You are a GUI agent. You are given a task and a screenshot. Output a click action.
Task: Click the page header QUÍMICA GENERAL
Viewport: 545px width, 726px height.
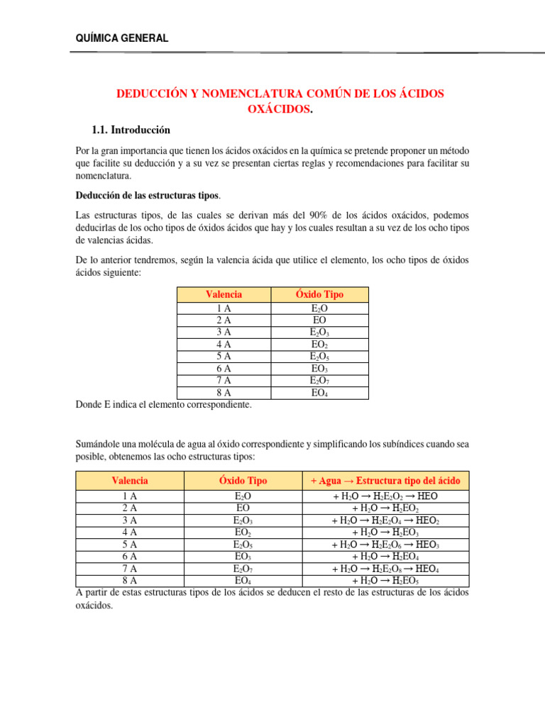tap(121, 38)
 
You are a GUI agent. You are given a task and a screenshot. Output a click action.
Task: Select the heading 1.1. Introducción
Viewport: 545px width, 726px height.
tap(131, 130)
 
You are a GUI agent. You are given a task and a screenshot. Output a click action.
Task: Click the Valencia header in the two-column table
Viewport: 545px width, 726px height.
tap(224, 294)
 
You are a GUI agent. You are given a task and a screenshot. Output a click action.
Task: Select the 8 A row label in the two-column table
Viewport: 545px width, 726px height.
tap(224, 393)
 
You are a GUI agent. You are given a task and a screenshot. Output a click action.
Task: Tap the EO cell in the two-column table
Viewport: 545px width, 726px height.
tap(319, 320)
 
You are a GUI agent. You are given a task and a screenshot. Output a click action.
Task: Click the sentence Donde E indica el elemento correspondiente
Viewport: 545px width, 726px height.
tap(163, 405)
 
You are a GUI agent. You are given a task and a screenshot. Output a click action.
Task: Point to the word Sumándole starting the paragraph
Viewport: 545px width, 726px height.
tap(98, 445)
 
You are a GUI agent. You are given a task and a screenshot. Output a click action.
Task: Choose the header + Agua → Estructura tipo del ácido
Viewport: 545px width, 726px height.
tap(385, 481)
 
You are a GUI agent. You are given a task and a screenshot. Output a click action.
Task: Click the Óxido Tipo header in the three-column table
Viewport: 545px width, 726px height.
tap(243, 481)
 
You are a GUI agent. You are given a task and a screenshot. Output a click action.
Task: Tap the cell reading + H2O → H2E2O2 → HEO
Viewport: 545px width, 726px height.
tap(385, 496)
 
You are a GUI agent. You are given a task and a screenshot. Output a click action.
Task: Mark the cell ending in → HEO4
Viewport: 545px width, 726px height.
tap(385, 569)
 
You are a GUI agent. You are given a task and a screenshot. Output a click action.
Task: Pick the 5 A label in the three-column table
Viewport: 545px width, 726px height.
tap(130, 544)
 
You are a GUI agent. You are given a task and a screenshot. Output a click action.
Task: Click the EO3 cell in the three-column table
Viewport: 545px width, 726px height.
tap(243, 557)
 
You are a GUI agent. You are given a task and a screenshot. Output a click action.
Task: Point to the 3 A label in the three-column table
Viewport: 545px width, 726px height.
tap(130, 520)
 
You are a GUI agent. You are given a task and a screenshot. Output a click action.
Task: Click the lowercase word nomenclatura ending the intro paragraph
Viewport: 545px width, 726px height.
tap(105, 175)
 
